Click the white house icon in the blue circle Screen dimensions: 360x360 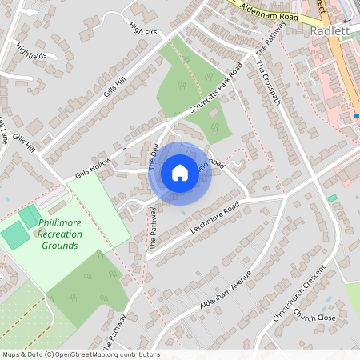point(180,172)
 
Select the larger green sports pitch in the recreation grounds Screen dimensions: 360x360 point(16,234)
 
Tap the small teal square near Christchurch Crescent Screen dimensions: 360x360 point(332,198)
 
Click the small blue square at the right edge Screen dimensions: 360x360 point(357,115)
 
